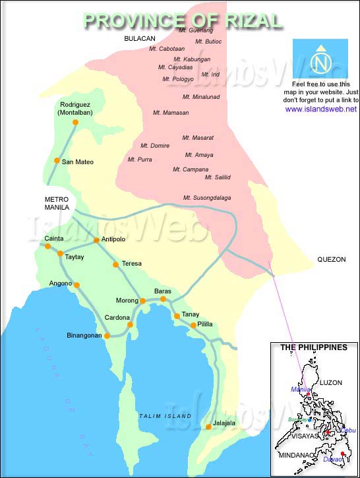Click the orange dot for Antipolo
coord(96,240)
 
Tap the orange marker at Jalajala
coord(208,427)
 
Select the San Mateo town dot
coord(57,161)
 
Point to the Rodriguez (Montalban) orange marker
coord(75,122)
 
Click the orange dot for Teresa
coord(116,264)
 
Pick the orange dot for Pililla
coord(193,325)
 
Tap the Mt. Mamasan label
coord(171,113)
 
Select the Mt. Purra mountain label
coord(140,160)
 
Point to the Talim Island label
coord(165,416)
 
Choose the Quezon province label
coord(331,260)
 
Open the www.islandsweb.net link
coord(321,109)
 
